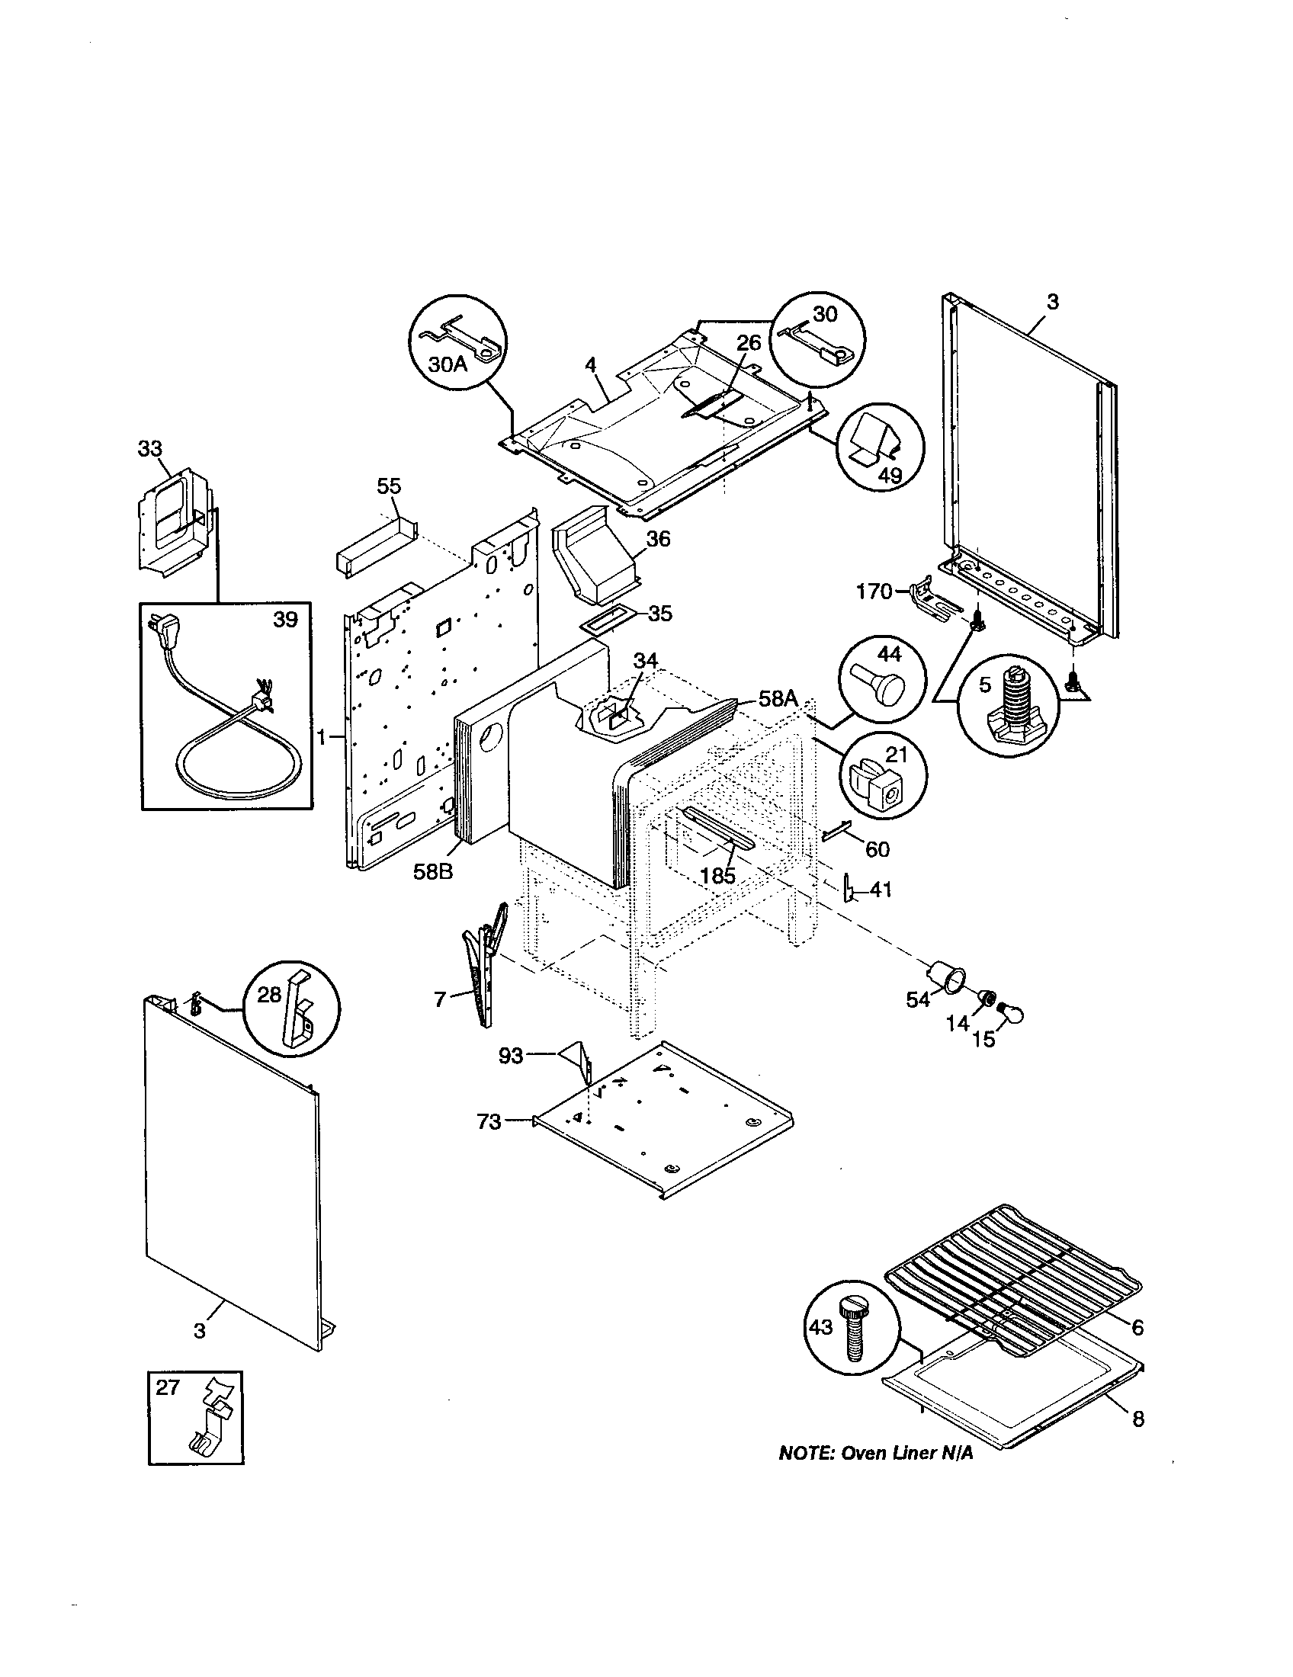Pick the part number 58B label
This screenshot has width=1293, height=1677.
433,871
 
